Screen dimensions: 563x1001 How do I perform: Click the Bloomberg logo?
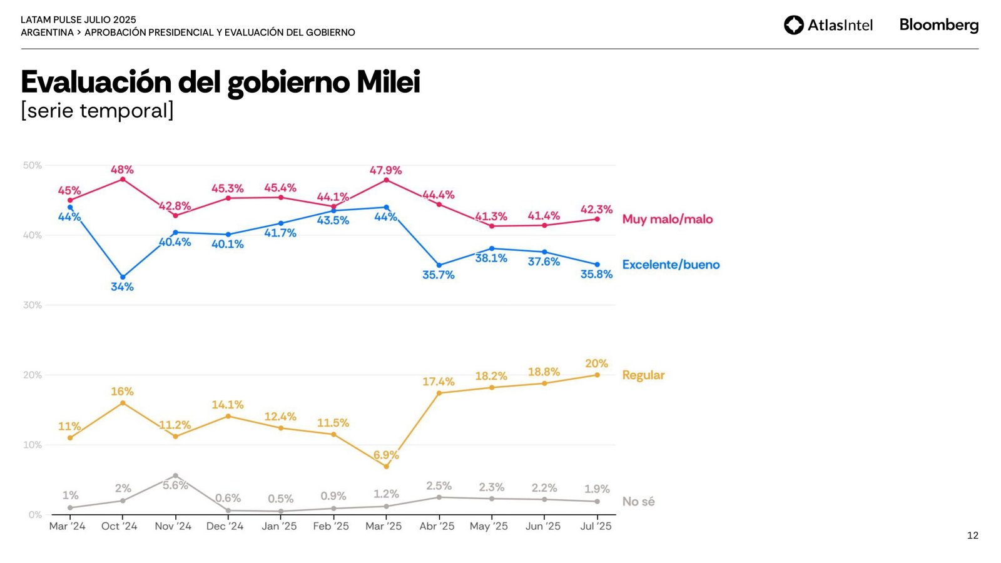pyautogui.click(x=938, y=25)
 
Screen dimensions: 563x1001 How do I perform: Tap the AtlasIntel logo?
pyautogui.click(x=828, y=25)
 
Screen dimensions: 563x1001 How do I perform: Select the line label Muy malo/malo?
pyautogui.click(x=667, y=219)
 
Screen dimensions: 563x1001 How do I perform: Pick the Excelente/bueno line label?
pyautogui.click(x=671, y=265)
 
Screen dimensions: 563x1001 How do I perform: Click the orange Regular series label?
pyautogui.click(x=643, y=375)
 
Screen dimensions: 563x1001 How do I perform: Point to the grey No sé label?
pyautogui.click(x=638, y=501)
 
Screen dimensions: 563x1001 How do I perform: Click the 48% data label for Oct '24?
pyautogui.click(x=122, y=170)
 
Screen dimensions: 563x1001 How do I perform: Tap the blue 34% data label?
pyautogui.click(x=122, y=287)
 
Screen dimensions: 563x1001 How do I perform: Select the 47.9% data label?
pyautogui.click(x=385, y=170)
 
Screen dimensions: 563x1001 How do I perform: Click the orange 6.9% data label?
pyautogui.click(x=386, y=455)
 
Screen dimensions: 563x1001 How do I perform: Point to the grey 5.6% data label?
pyautogui.click(x=175, y=485)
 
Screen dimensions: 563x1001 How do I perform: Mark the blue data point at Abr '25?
pyautogui.click(x=439, y=265)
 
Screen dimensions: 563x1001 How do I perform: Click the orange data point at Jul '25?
pyautogui.click(x=597, y=375)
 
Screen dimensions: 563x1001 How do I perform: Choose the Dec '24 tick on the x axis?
pyautogui.click(x=225, y=526)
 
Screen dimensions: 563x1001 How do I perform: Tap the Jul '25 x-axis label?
pyautogui.click(x=596, y=526)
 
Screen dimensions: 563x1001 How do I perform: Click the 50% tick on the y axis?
pyautogui.click(x=33, y=165)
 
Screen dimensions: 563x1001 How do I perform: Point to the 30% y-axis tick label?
pyautogui.click(x=33, y=305)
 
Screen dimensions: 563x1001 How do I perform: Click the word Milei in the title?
pyautogui.click(x=388, y=82)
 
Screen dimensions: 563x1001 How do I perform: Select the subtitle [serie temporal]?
pyautogui.click(x=97, y=111)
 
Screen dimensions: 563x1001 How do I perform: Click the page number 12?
pyautogui.click(x=972, y=535)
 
